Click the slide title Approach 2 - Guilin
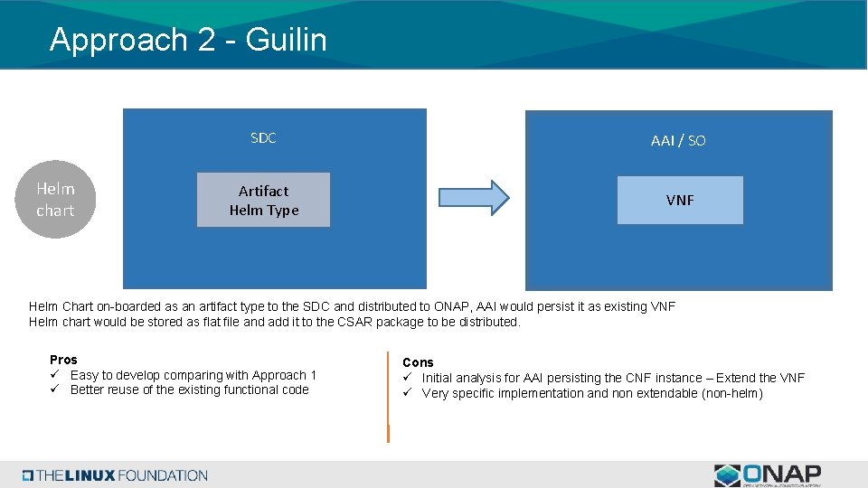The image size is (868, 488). pos(188,39)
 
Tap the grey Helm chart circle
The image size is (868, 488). pos(55,200)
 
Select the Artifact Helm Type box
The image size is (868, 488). pos(263,200)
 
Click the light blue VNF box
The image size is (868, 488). pos(680,200)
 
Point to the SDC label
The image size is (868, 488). pos(263,137)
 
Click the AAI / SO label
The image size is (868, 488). pos(678,140)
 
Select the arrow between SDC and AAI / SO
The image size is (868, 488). pos(474,197)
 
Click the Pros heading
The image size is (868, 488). pos(63,360)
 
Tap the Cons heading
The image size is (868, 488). pos(418,362)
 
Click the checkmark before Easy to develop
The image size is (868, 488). pos(54,375)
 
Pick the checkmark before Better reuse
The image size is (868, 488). pos(54,389)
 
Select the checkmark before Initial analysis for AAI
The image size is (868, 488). pos(408,378)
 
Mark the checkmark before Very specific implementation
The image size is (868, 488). pos(408,393)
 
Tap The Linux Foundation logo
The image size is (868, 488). pos(115,475)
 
